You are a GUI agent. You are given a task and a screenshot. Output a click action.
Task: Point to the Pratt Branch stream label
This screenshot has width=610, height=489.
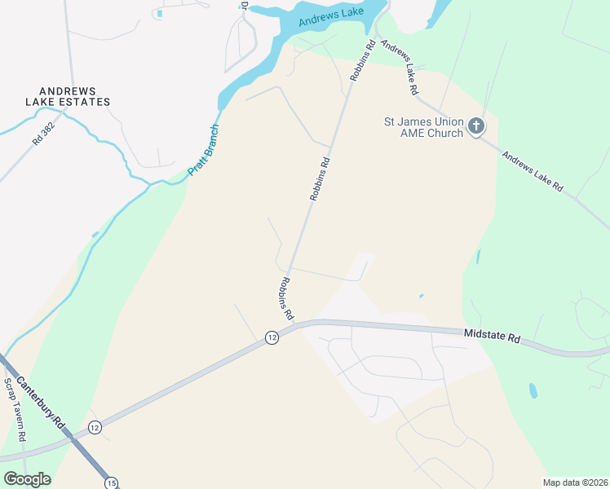click(204, 149)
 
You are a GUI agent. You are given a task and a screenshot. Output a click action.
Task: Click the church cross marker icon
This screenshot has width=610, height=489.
click(476, 126)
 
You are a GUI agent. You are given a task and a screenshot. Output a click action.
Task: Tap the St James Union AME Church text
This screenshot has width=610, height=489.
click(423, 127)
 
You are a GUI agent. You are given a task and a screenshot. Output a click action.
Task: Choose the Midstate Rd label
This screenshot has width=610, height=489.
click(492, 334)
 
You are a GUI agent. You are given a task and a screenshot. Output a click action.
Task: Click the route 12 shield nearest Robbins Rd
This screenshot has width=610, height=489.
click(272, 337)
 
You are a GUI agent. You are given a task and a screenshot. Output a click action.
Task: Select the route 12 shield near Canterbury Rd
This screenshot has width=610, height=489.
click(95, 427)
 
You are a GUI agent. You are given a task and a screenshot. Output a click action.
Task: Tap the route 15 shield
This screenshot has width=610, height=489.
click(112, 483)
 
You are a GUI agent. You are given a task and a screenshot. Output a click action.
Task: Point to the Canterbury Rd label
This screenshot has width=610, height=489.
click(46, 399)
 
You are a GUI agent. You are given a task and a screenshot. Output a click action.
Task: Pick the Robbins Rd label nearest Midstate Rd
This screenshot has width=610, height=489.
click(285, 297)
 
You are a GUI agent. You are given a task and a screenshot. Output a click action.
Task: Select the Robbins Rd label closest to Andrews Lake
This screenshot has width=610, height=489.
click(361, 60)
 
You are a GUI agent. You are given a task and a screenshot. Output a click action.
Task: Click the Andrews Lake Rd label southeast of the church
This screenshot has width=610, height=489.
click(532, 171)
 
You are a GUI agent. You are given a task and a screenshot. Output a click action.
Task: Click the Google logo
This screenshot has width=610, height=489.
click(27, 479)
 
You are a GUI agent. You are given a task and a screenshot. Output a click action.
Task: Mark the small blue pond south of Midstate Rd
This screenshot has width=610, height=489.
click(533, 390)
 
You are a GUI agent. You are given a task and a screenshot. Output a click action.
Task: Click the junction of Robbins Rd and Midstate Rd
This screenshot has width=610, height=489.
click(298, 324)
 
